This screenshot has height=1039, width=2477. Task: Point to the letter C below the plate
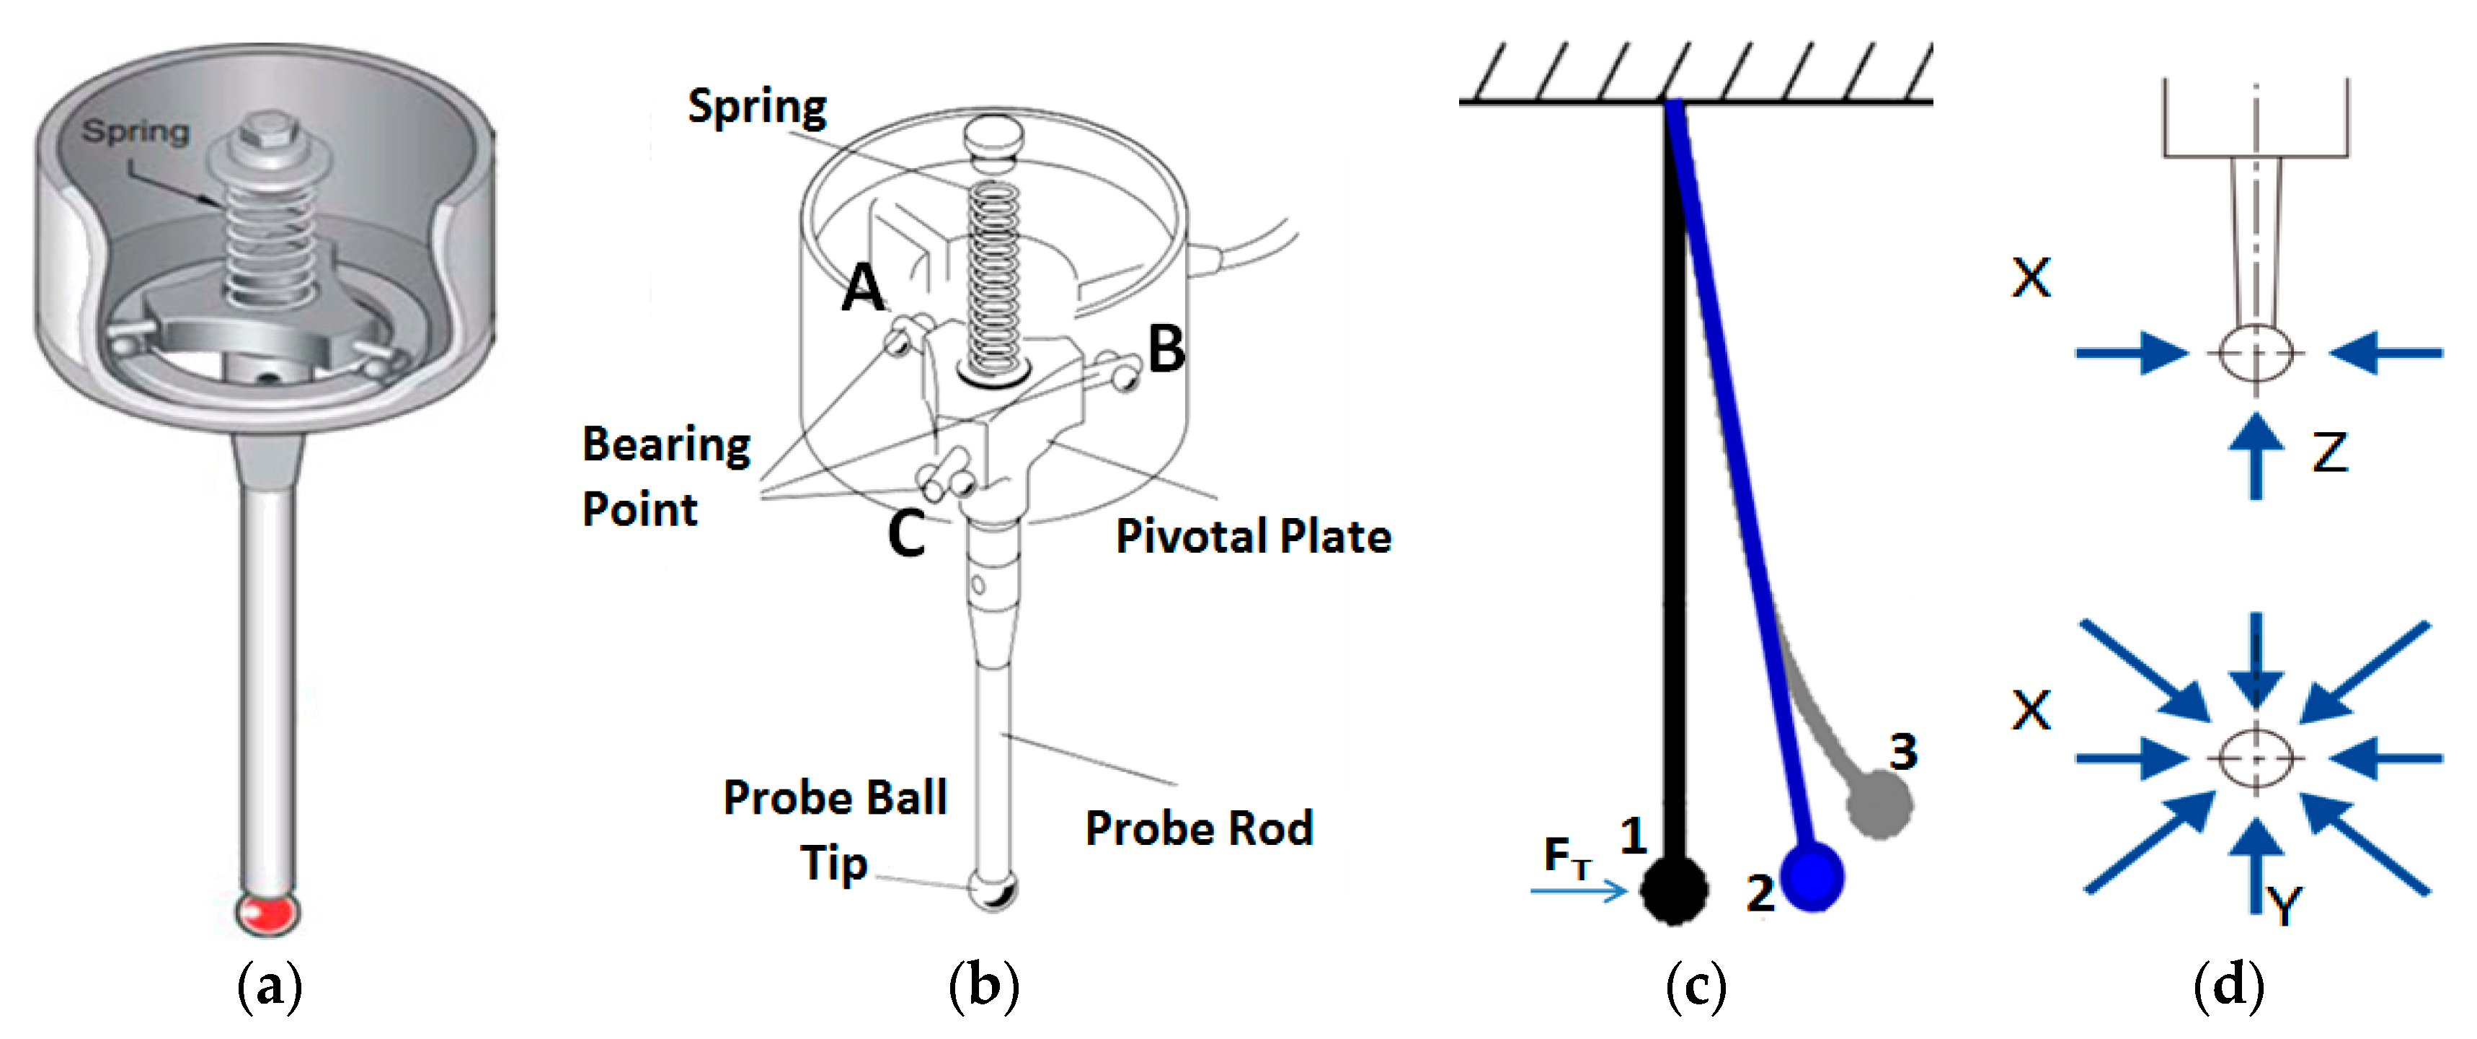tap(905, 533)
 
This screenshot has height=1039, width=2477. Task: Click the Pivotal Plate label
tap(1252, 536)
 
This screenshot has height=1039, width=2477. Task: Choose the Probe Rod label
tap(1198, 828)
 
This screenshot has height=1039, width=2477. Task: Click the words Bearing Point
tap(665, 476)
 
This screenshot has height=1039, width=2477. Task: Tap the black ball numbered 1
tap(1674, 890)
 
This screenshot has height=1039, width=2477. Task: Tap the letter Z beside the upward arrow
tap(2329, 452)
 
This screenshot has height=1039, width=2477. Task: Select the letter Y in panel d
tap(2284, 904)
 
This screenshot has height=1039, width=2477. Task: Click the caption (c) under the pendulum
tap(1696, 987)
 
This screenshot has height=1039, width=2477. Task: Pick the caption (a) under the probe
tap(269, 987)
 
